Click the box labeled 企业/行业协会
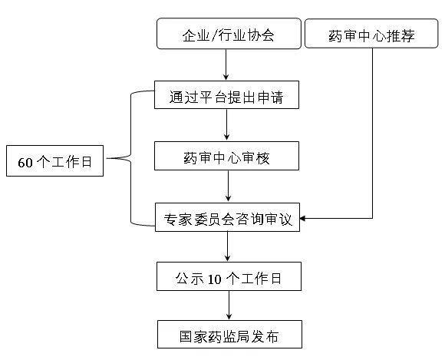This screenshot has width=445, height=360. point(229,34)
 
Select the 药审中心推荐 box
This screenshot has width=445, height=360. point(371,33)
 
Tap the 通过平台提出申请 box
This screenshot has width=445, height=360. point(226,95)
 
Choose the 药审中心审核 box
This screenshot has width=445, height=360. point(226,156)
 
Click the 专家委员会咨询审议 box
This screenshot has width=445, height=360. point(227,217)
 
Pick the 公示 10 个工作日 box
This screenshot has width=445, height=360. point(229,276)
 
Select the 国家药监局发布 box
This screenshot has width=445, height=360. point(229,335)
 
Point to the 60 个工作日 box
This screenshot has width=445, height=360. point(54,160)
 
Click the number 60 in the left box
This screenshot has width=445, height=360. point(25,163)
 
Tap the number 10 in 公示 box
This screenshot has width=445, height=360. point(215,279)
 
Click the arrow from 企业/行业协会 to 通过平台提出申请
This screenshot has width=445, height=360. point(226,64)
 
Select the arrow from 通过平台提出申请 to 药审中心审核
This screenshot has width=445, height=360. point(226,125)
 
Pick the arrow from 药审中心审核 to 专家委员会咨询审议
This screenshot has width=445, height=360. point(228,187)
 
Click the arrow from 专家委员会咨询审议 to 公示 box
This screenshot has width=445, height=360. point(227,246)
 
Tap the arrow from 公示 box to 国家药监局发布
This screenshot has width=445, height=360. point(229,306)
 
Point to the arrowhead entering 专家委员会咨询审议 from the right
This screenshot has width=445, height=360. point(302,218)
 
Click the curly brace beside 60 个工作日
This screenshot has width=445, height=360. point(131,158)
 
